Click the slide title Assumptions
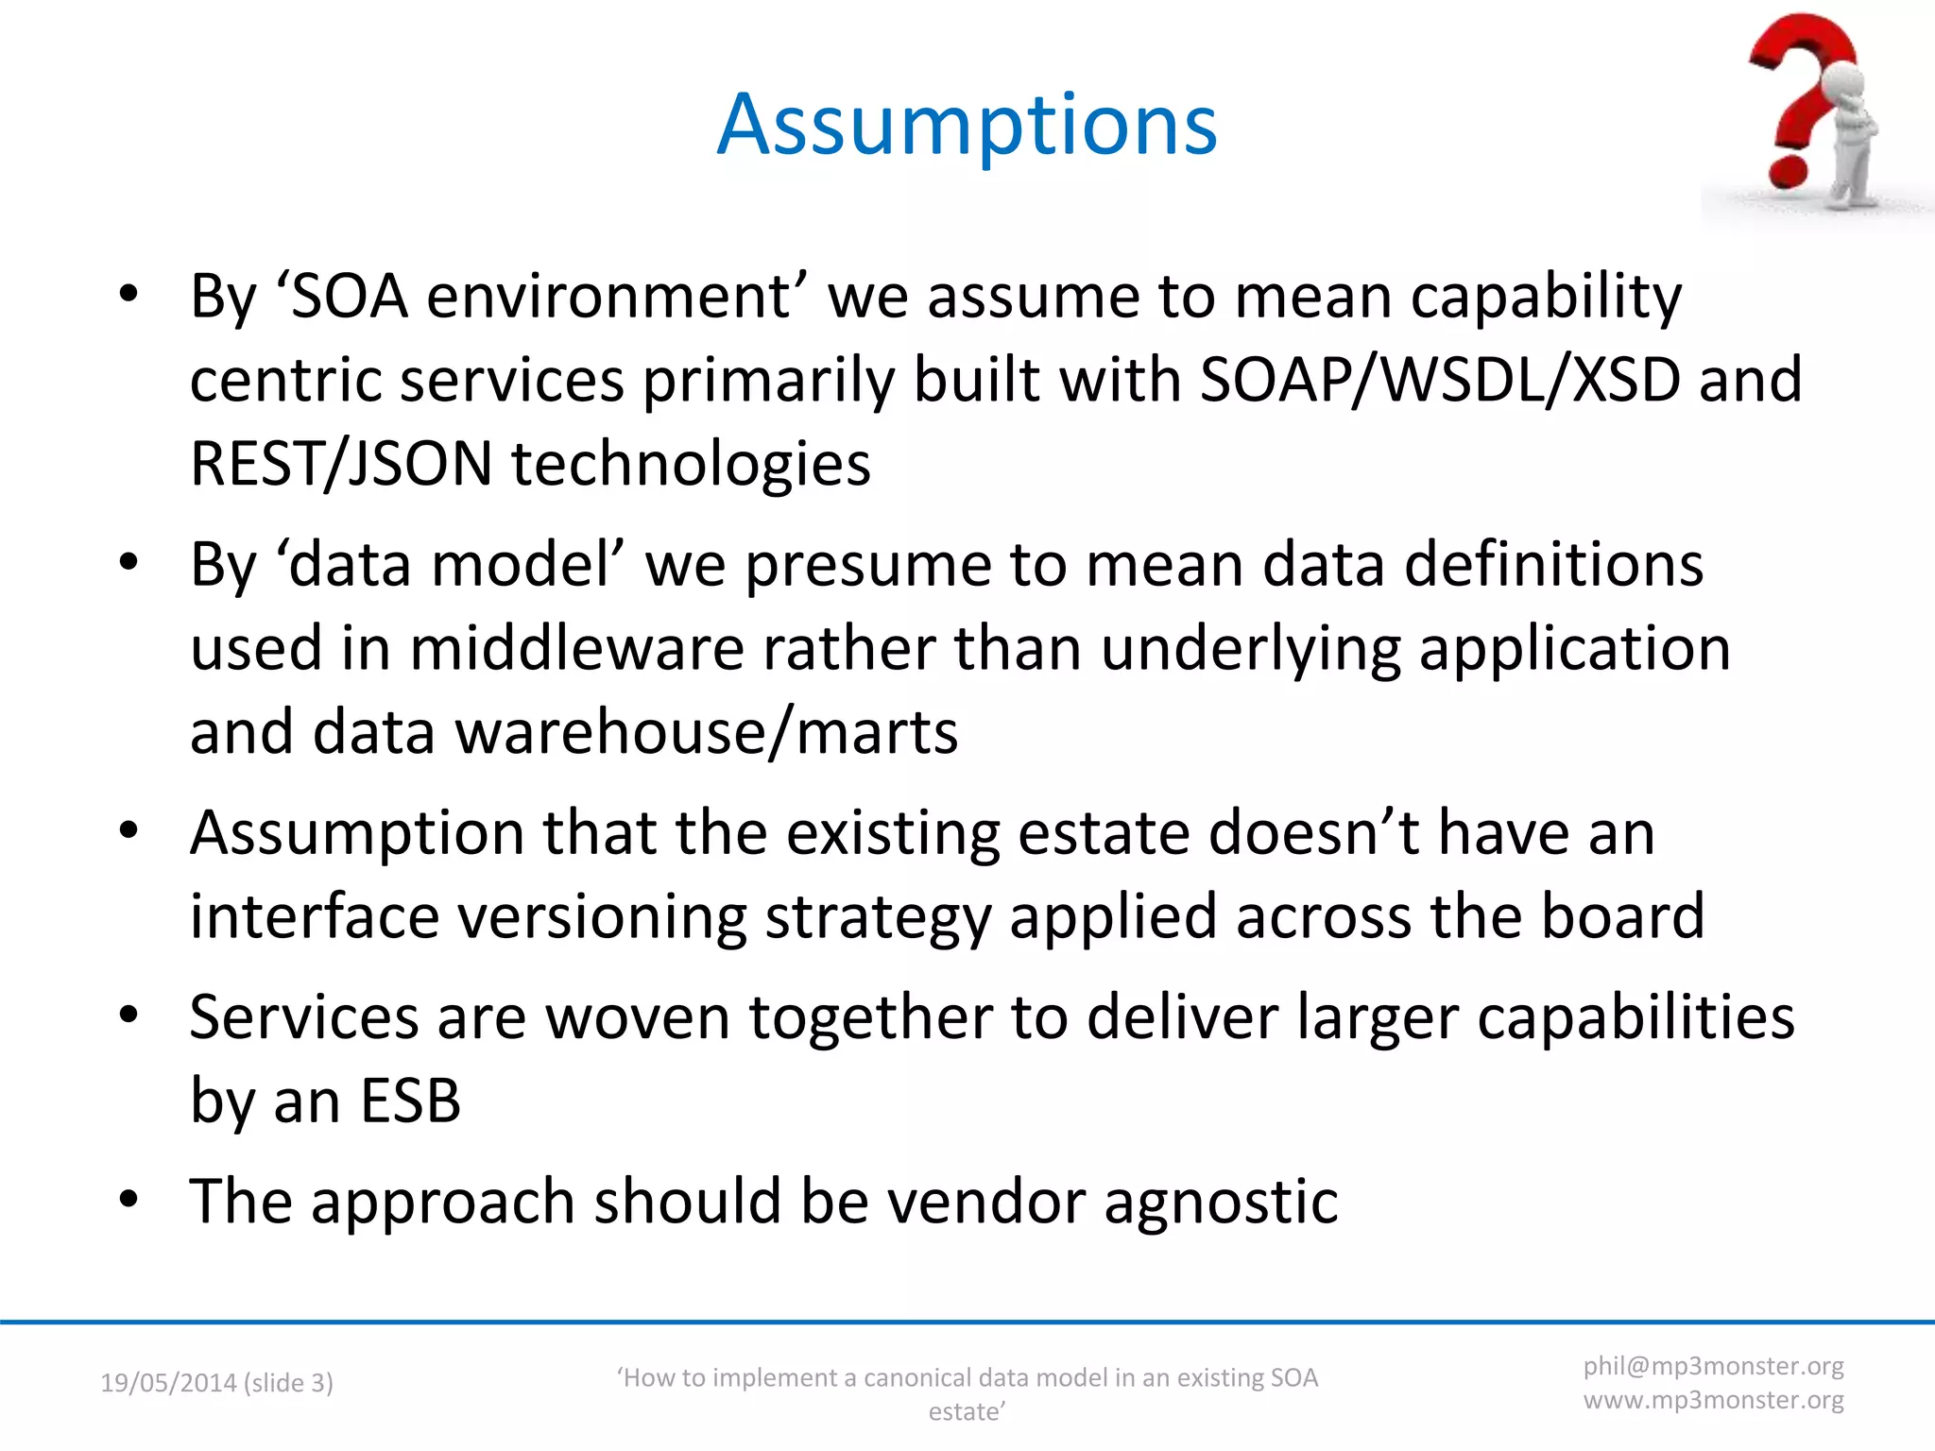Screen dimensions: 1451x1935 pyautogui.click(x=967, y=125)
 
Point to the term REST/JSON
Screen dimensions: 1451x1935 pyautogui.click(x=341, y=464)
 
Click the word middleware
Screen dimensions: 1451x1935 pyautogui.click(x=576, y=649)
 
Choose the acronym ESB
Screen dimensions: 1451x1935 pyautogui.click(x=410, y=1101)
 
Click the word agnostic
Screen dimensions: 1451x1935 pyautogui.click(x=1221, y=1203)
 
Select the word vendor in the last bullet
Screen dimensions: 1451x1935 pyautogui.click(x=985, y=1202)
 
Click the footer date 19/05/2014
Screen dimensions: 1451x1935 pyautogui.click(x=168, y=1383)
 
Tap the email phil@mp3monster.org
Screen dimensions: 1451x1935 pyautogui.click(x=1713, y=1366)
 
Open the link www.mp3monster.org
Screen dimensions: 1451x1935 pyautogui.click(x=1713, y=1400)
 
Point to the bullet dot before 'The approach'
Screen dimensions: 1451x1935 pyautogui.click(x=128, y=1200)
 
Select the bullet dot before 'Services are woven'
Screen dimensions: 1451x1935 pyautogui.click(x=128, y=1016)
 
